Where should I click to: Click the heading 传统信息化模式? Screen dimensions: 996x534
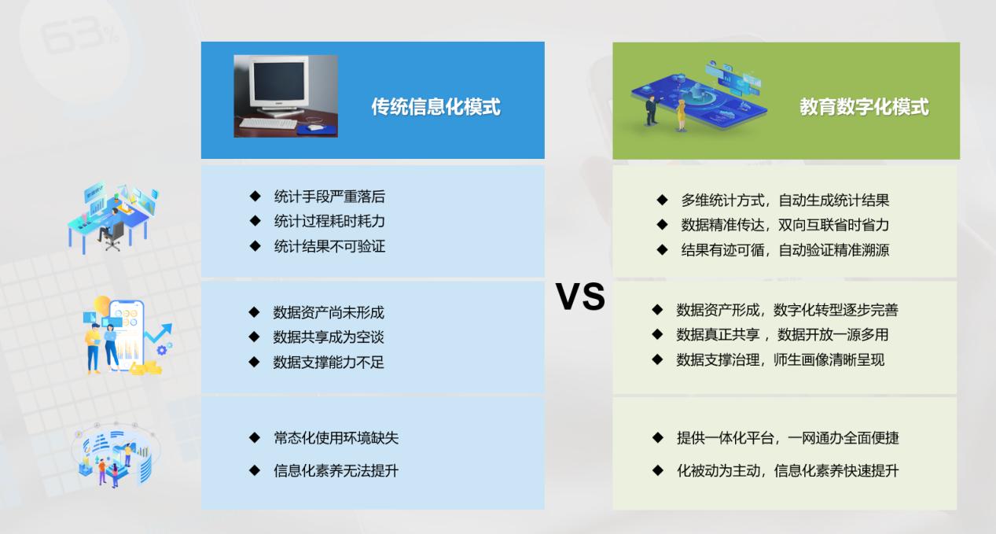click(x=436, y=107)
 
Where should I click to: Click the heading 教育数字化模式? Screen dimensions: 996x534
click(x=864, y=107)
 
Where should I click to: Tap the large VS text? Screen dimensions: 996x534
click(x=580, y=296)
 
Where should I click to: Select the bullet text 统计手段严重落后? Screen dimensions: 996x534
click(x=329, y=197)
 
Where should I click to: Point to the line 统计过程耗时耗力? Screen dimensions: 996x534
click(x=329, y=221)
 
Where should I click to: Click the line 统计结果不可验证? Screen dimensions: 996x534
click(x=329, y=246)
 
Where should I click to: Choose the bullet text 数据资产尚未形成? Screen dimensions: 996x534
click(x=329, y=312)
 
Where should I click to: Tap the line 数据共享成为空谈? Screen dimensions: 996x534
click(x=329, y=337)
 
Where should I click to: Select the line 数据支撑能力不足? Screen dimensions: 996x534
click(x=329, y=363)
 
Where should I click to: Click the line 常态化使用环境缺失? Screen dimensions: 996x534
click(x=336, y=438)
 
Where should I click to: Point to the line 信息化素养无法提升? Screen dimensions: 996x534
click(x=336, y=470)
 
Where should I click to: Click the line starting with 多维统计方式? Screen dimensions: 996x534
click(x=785, y=201)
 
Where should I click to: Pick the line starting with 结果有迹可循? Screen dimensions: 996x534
click(x=785, y=250)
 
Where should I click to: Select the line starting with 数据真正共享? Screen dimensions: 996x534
click(x=783, y=334)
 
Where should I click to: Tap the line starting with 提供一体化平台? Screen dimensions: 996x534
click(x=788, y=438)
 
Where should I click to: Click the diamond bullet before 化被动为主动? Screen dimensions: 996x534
click(x=658, y=470)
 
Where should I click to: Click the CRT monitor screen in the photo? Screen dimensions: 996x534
click(x=279, y=82)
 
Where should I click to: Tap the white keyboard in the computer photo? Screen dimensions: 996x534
click(x=268, y=123)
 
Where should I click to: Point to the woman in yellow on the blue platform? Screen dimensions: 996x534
click(x=680, y=115)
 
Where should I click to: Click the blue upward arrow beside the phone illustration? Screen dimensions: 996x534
click(x=159, y=332)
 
